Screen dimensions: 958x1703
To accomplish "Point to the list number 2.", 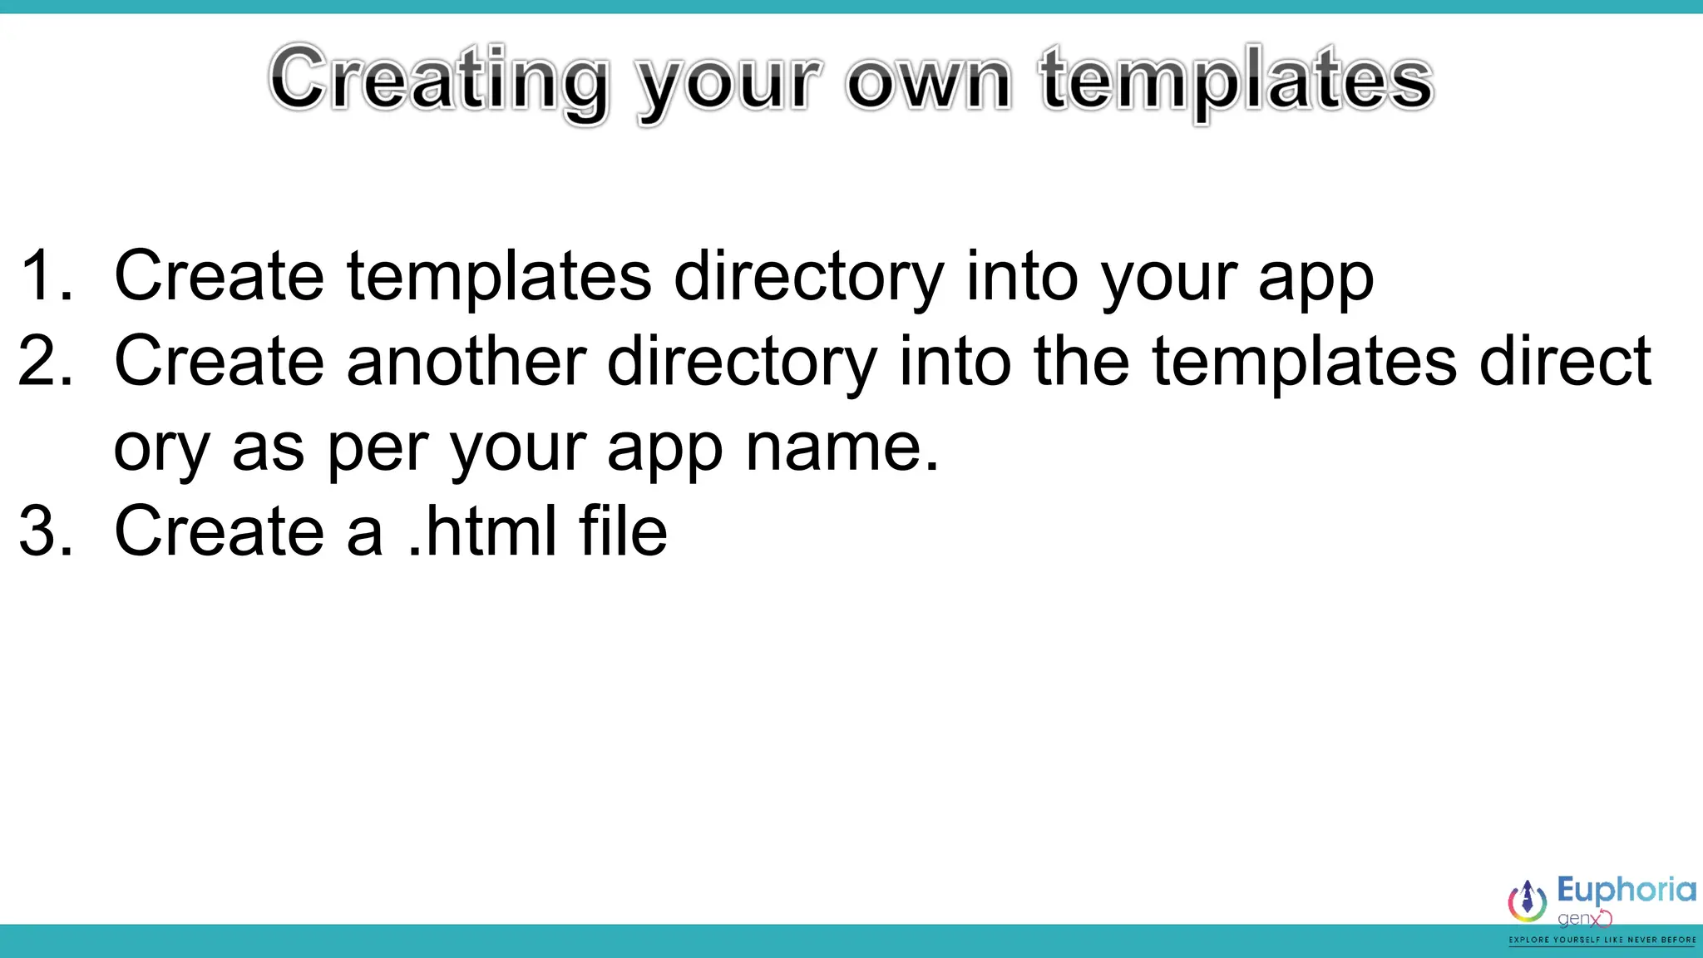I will [46, 361].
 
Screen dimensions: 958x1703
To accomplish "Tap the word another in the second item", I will [466, 361].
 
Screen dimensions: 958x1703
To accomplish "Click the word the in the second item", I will [1081, 361].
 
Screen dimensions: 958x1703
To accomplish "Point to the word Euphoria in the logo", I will [1626, 890].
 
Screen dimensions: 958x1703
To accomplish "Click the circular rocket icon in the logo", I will [1528, 901].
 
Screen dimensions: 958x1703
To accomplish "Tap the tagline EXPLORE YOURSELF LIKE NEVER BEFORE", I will [1602, 940].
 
